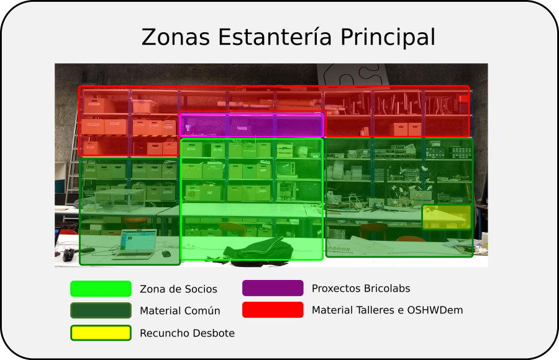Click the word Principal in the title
pyautogui.click(x=388, y=37)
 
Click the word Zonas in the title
pyautogui.click(x=176, y=37)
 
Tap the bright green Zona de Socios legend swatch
pyautogui.click(x=101, y=289)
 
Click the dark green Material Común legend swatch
pyautogui.click(x=101, y=310)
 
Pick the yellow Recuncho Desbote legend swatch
pyautogui.click(x=101, y=333)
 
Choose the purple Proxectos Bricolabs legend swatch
pyautogui.click(x=273, y=289)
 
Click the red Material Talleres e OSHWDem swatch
pyautogui.click(x=273, y=310)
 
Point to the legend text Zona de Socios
pyautogui.click(x=178, y=289)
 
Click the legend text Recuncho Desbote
pyautogui.click(x=187, y=333)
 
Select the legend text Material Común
pyautogui.click(x=180, y=311)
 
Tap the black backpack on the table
pyautogui.click(x=258, y=250)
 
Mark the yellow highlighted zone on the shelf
pyautogui.click(x=447, y=217)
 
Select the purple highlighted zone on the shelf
pyautogui.click(x=252, y=125)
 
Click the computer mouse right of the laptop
pyautogui.click(x=166, y=253)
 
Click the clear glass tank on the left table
pyautogui.click(x=118, y=200)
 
